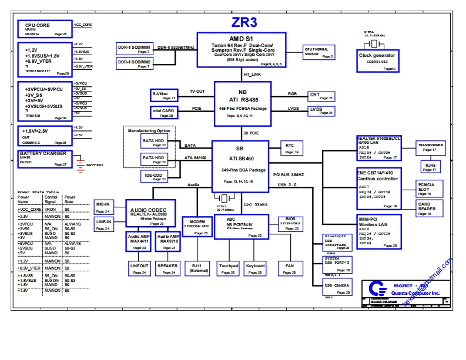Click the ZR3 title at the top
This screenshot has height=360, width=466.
(244, 22)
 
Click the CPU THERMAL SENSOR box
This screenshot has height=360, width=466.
(319, 52)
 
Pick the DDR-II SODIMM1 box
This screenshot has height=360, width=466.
(134, 48)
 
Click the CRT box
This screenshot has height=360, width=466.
(322, 96)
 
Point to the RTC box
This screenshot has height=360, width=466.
(292, 147)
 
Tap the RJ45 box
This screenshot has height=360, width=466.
(430, 167)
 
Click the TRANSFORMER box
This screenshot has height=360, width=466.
(431, 147)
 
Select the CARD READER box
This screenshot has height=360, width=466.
(431, 209)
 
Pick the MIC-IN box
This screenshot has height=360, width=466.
(103, 207)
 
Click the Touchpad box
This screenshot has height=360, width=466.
(228, 268)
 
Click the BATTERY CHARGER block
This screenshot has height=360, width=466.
(43, 159)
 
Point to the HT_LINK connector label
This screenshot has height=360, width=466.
(252, 75)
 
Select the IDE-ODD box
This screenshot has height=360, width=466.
(154, 176)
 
